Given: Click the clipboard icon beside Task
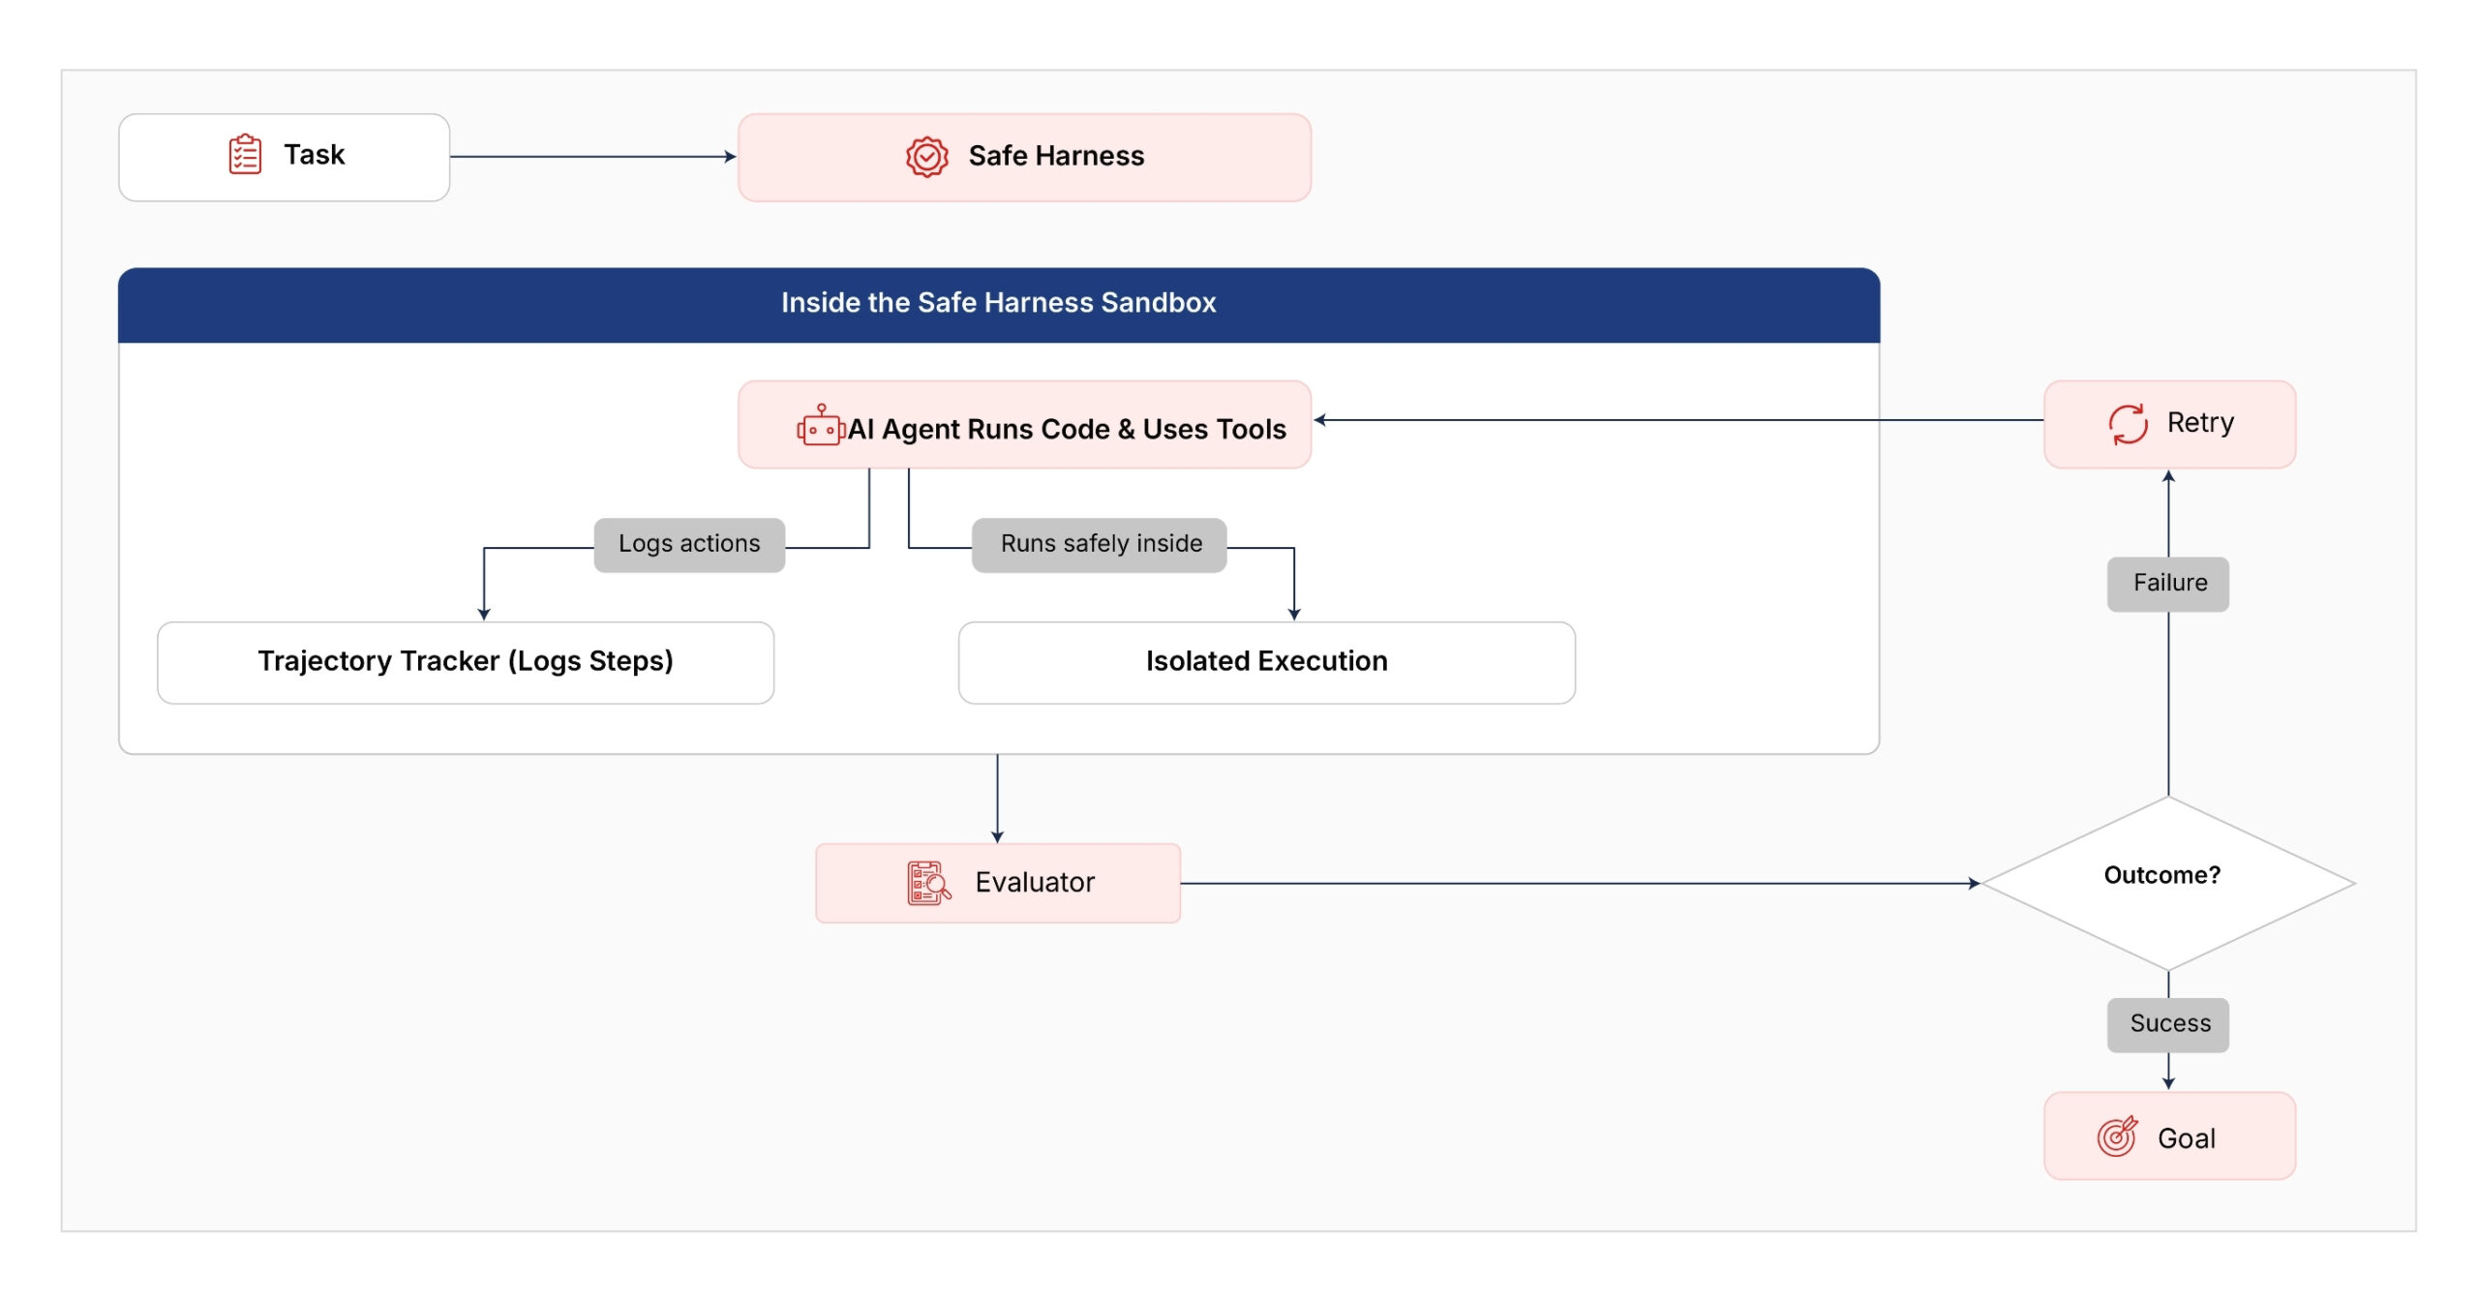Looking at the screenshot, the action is [245, 155].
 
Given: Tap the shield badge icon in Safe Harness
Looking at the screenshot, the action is [926, 156].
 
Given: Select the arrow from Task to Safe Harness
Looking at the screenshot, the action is [592, 156].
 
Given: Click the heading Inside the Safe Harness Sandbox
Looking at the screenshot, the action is [998, 303].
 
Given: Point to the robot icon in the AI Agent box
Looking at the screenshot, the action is [821, 425].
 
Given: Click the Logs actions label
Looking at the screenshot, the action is [689, 544].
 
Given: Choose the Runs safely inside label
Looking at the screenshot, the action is [1101, 544].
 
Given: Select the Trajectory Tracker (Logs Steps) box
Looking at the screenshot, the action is [466, 662].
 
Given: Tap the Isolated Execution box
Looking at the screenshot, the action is [1266, 662].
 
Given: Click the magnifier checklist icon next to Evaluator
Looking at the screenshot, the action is [928, 883].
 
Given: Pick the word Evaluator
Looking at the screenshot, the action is [1035, 883].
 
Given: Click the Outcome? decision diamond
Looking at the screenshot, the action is [2168, 883].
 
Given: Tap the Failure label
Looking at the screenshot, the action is [2168, 584].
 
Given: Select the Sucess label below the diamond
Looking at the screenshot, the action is [2168, 1024].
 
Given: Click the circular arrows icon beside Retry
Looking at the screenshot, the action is [2128, 424].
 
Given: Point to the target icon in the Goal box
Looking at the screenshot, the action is [2117, 1136].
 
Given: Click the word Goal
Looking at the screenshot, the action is [2187, 1138].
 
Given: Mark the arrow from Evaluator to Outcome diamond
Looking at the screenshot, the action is [1581, 883].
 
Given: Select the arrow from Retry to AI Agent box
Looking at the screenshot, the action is [1678, 420].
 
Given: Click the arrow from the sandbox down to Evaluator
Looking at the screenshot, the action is [997, 799].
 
